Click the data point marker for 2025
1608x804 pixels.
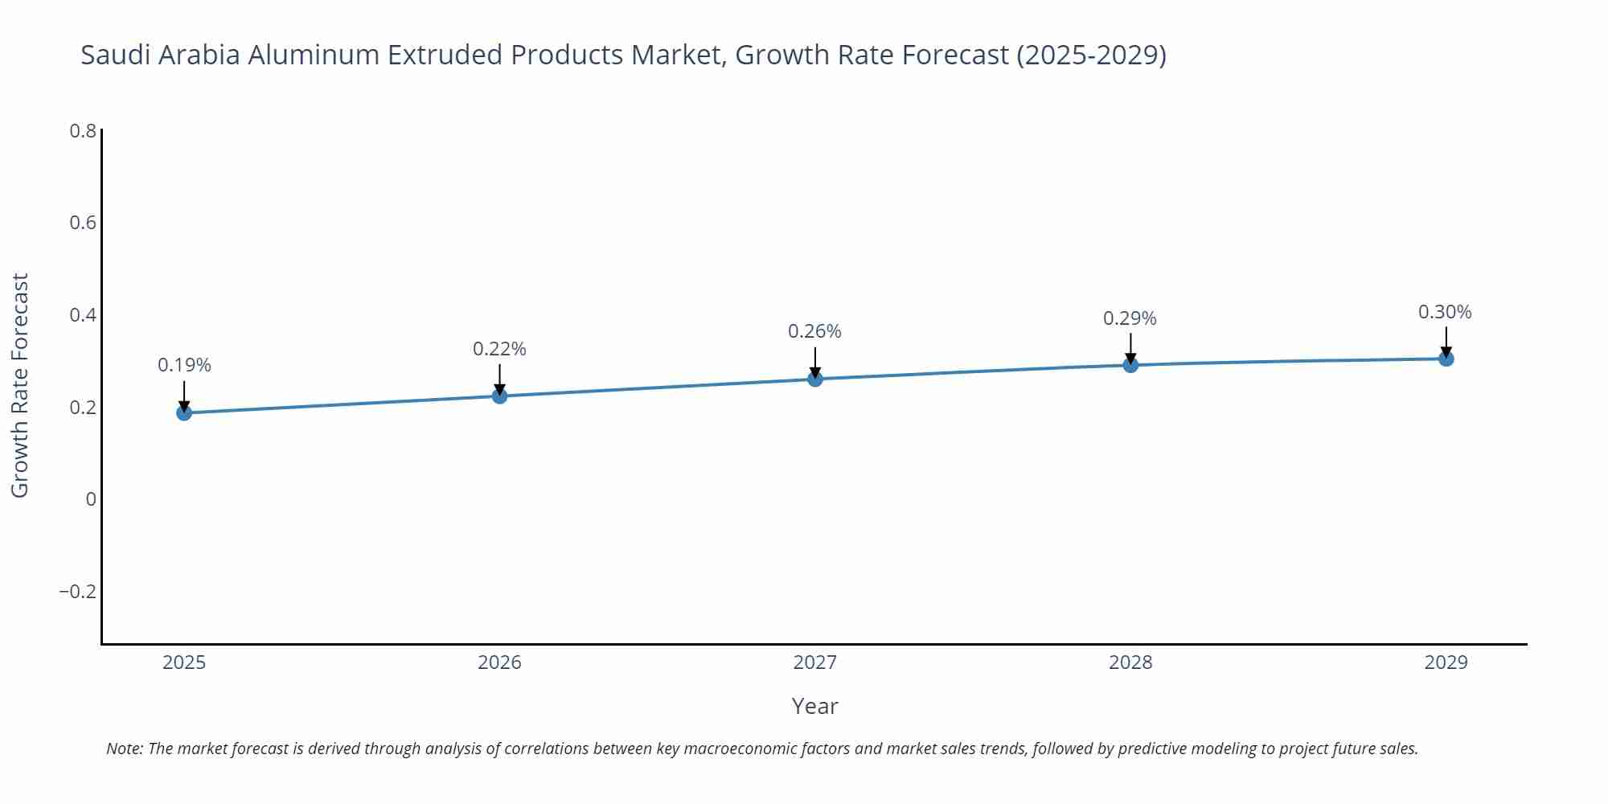(x=184, y=412)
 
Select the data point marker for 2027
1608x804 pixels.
(x=815, y=379)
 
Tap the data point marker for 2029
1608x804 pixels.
(x=1446, y=359)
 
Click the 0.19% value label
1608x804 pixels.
(x=184, y=365)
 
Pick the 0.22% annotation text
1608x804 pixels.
(x=499, y=349)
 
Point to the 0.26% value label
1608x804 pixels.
(x=814, y=331)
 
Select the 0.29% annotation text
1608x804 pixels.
(x=1130, y=318)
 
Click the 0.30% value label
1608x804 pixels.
(x=1445, y=312)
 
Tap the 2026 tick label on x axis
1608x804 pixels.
(x=499, y=662)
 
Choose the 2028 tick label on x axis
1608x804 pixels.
(x=1130, y=662)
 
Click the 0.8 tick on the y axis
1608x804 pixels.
(x=83, y=130)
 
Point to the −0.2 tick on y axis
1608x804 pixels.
(x=77, y=592)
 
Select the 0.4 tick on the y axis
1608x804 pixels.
(x=83, y=315)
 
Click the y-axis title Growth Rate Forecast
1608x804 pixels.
(x=19, y=385)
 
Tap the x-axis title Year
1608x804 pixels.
(x=814, y=706)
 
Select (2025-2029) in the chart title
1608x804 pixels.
(x=1091, y=55)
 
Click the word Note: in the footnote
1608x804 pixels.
(x=125, y=749)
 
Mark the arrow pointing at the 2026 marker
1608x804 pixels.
(x=499, y=378)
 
